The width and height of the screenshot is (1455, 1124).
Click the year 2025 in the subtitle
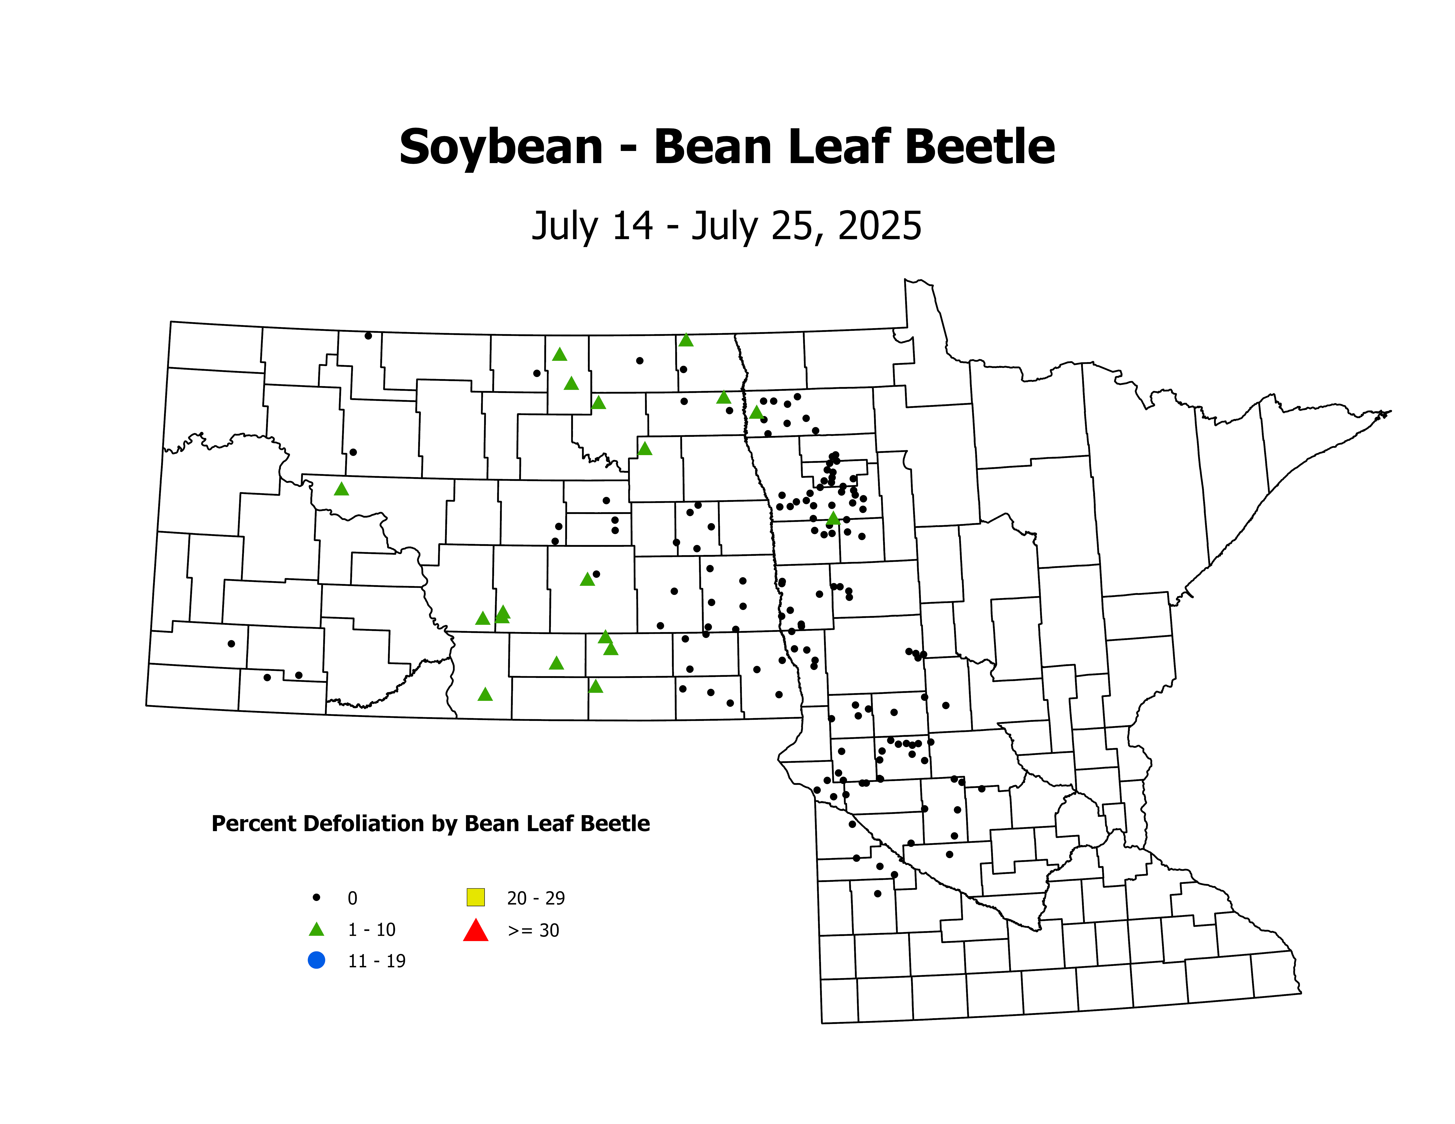click(x=879, y=226)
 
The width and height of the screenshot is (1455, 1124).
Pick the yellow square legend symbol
click(x=476, y=897)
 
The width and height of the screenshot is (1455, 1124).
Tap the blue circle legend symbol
click(x=316, y=960)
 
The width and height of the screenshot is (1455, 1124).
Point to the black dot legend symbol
click(x=316, y=898)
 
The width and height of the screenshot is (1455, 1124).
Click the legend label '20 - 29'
click(x=536, y=898)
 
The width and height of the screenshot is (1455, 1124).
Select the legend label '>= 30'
click(x=533, y=930)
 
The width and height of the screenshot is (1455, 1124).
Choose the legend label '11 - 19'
click(x=376, y=961)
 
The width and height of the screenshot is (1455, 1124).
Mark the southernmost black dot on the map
click(x=877, y=894)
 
